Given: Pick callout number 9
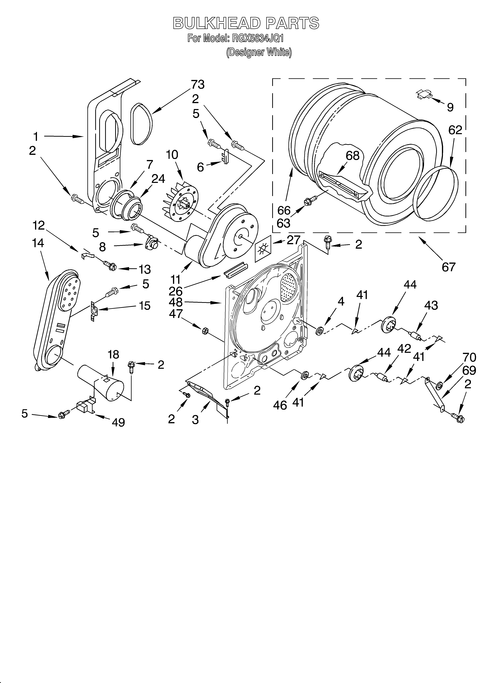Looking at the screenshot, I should tap(450, 107).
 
